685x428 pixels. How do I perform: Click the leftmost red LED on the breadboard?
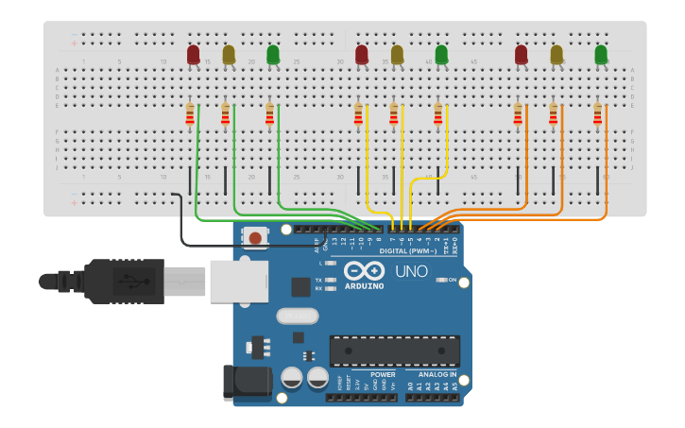coord(194,55)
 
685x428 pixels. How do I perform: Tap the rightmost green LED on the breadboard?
coord(601,55)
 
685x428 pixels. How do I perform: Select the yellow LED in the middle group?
coord(397,55)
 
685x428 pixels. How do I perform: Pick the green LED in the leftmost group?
coord(273,55)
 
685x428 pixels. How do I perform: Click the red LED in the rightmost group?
coord(522,55)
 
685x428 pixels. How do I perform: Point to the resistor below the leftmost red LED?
coord(190,114)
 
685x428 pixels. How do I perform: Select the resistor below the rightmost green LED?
coord(597,114)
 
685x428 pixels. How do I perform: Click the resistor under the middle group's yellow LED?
coord(394,114)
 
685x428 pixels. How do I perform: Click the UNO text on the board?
coord(411,271)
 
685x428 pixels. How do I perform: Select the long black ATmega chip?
coord(394,351)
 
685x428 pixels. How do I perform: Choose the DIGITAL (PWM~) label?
coord(408,251)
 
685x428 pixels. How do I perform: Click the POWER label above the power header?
coord(383,375)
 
